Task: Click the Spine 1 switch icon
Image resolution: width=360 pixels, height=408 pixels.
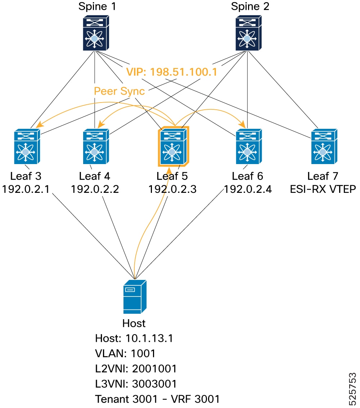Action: coord(96,33)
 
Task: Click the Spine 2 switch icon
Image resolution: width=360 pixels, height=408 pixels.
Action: coord(248,33)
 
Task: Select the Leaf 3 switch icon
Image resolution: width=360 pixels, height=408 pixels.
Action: coord(27,146)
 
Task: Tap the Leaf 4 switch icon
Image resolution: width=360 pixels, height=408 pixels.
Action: coord(96,146)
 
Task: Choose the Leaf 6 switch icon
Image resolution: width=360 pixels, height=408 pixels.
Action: coord(249,146)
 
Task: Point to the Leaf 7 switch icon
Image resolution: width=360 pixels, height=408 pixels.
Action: coord(324,146)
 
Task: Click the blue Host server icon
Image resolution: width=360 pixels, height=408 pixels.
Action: coord(135,296)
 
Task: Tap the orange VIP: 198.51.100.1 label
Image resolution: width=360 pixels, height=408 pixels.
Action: coord(172,72)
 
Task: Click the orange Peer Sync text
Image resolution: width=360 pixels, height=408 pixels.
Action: coord(119,91)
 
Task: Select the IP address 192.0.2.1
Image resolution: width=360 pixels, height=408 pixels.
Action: coord(26,189)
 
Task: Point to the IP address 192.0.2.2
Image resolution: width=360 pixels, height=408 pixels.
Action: coord(95,189)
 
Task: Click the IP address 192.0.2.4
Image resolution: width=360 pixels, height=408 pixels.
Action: coord(248,189)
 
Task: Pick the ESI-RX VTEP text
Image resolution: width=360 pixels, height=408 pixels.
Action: coord(323,189)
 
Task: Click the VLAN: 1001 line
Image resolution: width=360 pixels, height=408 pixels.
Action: coord(125,353)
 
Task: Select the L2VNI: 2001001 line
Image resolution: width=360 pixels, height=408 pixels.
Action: coord(136,368)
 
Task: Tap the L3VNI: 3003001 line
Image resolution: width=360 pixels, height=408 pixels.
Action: coord(136,384)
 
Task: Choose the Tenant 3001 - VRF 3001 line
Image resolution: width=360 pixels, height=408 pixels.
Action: coord(157,399)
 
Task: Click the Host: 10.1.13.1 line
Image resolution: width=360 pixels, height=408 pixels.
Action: coord(134,338)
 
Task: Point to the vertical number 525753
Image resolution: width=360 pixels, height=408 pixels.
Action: coord(352,389)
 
